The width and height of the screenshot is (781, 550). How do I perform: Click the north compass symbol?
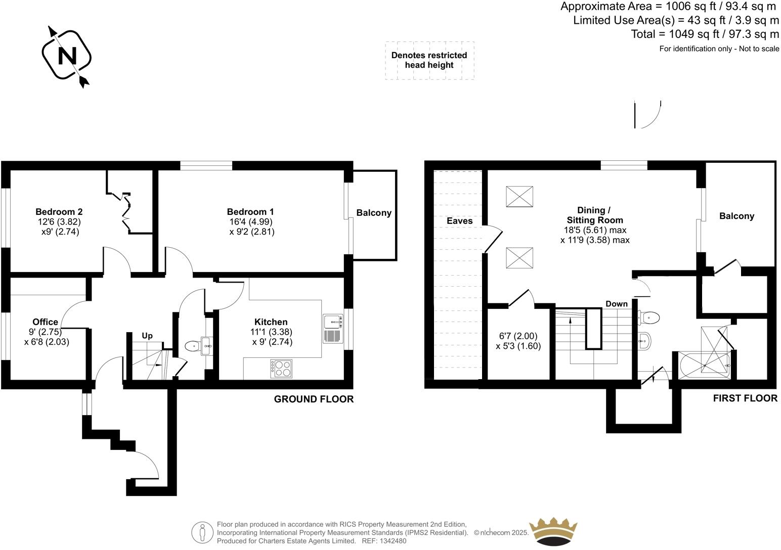click(66, 55)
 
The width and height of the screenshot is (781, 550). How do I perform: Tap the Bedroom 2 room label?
click(59, 212)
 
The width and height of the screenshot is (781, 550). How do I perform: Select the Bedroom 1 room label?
click(250, 212)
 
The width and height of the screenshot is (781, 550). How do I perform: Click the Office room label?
click(45, 322)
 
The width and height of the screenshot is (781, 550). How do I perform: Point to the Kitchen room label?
click(271, 322)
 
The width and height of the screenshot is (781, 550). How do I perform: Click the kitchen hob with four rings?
click(281, 369)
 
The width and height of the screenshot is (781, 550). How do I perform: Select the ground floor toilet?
click(193, 346)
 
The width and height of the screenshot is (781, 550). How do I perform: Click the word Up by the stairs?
click(147, 336)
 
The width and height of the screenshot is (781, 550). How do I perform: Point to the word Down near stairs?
click(616, 304)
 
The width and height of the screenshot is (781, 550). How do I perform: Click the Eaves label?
click(459, 221)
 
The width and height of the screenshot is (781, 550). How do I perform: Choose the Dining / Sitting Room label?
click(594, 215)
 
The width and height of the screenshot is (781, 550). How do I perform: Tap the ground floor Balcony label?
click(374, 213)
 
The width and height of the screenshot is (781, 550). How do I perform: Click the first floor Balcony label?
click(736, 216)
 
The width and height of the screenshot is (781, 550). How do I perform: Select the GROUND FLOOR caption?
click(314, 399)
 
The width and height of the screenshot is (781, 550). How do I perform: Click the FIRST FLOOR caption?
click(745, 398)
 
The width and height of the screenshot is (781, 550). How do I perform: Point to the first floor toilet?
click(649, 317)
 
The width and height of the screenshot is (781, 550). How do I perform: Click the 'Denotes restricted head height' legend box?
click(429, 60)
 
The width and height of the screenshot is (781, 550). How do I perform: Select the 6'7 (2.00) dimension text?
click(518, 336)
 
